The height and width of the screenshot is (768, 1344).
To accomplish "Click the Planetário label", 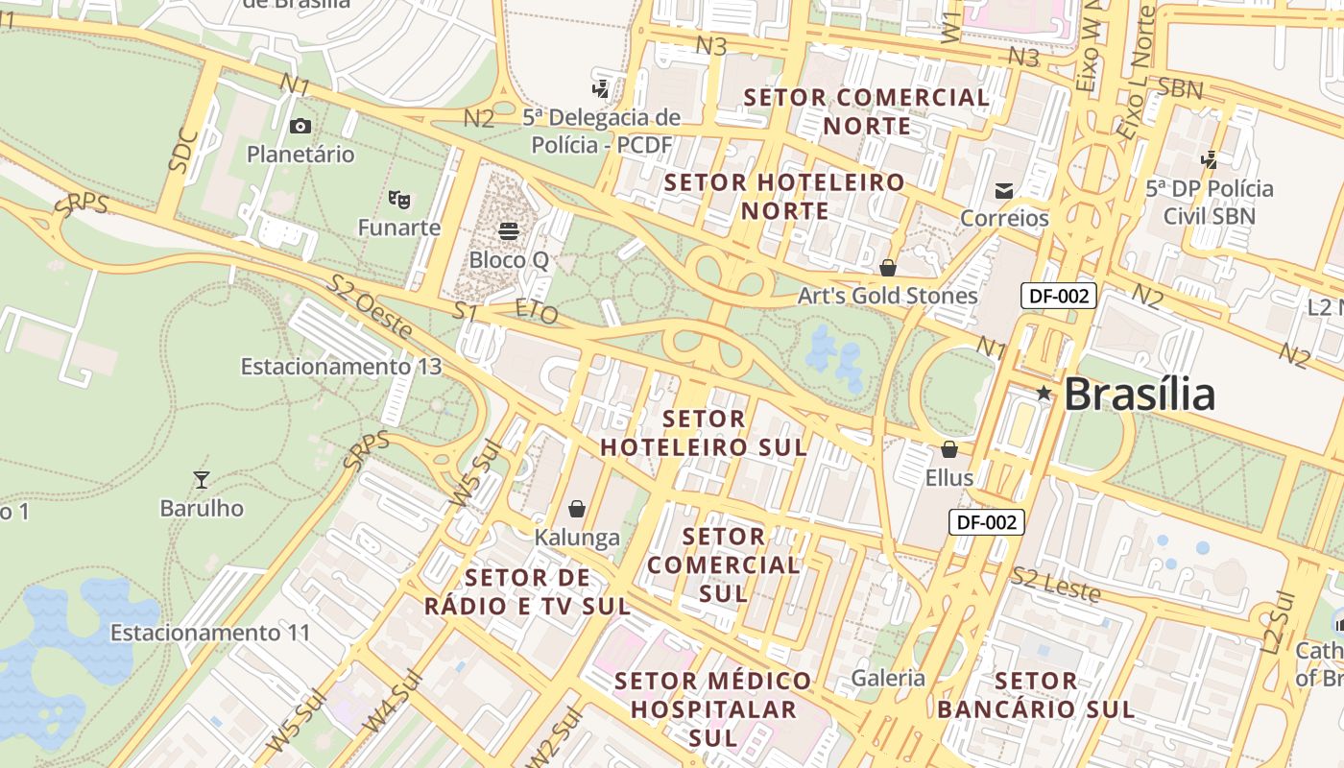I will click(x=300, y=155).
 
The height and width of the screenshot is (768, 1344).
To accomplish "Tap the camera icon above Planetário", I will click(x=300, y=126).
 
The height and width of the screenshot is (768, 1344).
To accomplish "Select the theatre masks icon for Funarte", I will click(x=399, y=200).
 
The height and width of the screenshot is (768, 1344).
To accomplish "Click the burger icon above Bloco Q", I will click(x=509, y=231).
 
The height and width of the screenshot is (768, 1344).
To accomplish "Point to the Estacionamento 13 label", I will click(x=341, y=367).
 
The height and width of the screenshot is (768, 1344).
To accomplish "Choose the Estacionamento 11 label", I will click(x=210, y=634).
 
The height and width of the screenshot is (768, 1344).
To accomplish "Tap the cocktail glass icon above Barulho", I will click(x=202, y=479).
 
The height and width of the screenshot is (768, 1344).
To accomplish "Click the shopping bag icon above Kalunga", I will click(x=577, y=509).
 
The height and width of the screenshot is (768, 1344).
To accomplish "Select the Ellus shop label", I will click(x=949, y=477).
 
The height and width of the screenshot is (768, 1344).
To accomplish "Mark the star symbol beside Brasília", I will click(x=1044, y=393).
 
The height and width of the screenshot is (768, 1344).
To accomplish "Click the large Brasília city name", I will click(x=1140, y=395).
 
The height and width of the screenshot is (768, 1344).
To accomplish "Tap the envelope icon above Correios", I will click(x=1004, y=191).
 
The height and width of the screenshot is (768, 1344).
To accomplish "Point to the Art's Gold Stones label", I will click(x=888, y=296).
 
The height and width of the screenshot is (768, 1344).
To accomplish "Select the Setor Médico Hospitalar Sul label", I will click(x=713, y=709).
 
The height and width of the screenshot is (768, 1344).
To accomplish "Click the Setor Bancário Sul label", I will click(x=1036, y=696).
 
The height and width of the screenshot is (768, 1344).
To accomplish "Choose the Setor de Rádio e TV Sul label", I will click(x=527, y=592).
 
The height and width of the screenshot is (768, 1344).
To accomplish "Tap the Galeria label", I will click(x=889, y=679).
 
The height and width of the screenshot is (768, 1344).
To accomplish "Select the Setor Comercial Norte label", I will click(x=867, y=111).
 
